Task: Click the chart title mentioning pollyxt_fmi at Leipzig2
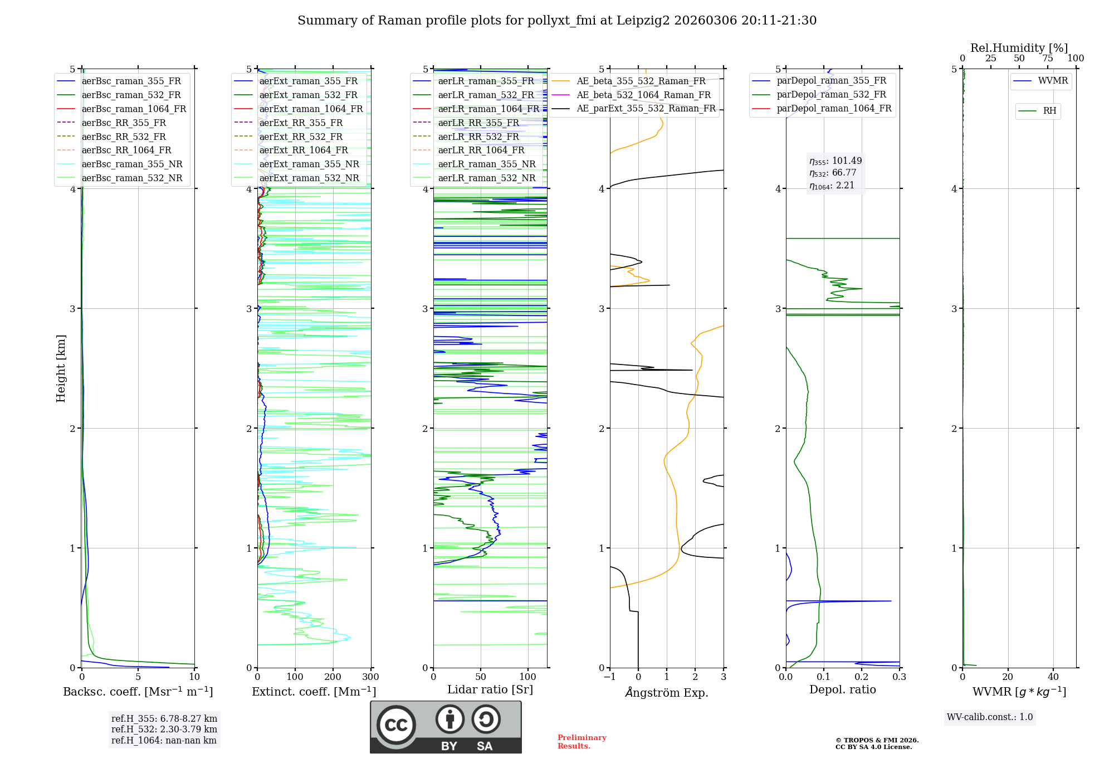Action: click(x=557, y=21)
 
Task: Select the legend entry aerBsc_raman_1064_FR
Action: click(x=134, y=109)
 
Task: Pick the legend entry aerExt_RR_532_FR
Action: click(x=301, y=137)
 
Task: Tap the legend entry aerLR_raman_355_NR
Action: click(x=486, y=164)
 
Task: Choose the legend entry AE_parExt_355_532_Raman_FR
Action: click(x=646, y=108)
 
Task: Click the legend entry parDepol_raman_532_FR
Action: click(x=831, y=94)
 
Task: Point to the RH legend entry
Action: click(x=1049, y=111)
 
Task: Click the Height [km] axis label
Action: click(x=61, y=368)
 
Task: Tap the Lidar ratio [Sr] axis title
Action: click(x=490, y=689)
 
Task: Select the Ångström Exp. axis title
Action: click(x=667, y=692)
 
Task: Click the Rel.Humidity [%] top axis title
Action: click(x=1019, y=48)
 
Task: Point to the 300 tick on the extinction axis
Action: click(x=370, y=677)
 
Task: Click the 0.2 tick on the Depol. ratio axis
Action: click(x=862, y=677)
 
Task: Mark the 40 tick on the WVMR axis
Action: click(x=1053, y=677)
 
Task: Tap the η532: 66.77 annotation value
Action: click(x=833, y=173)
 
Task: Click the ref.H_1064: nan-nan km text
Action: click(x=164, y=740)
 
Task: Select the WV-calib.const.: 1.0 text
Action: click(x=990, y=717)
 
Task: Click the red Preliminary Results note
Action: click(x=582, y=741)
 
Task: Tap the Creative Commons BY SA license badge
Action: click(x=446, y=727)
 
